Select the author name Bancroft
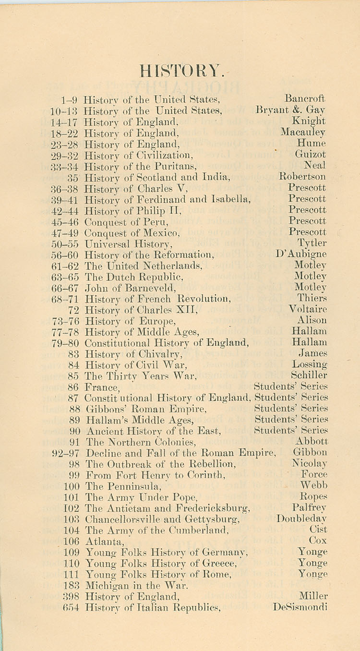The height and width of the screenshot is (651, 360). [x=305, y=99]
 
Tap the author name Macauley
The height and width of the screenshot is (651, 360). [x=303, y=132]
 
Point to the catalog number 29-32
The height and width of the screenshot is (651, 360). [x=64, y=155]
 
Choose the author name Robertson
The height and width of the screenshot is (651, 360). [x=302, y=177]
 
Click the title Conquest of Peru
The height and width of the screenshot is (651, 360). [x=127, y=221]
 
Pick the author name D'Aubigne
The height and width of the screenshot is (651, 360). [x=301, y=254]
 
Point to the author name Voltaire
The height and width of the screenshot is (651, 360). [x=308, y=310]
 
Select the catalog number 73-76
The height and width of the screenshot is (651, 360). [x=65, y=321]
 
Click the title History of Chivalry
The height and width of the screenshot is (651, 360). [x=133, y=354]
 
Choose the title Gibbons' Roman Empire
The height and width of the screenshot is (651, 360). [x=146, y=409]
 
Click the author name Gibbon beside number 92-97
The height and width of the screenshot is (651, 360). [x=310, y=453]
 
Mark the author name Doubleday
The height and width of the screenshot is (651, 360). [x=302, y=519]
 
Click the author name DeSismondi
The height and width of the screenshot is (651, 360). [x=300, y=607]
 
